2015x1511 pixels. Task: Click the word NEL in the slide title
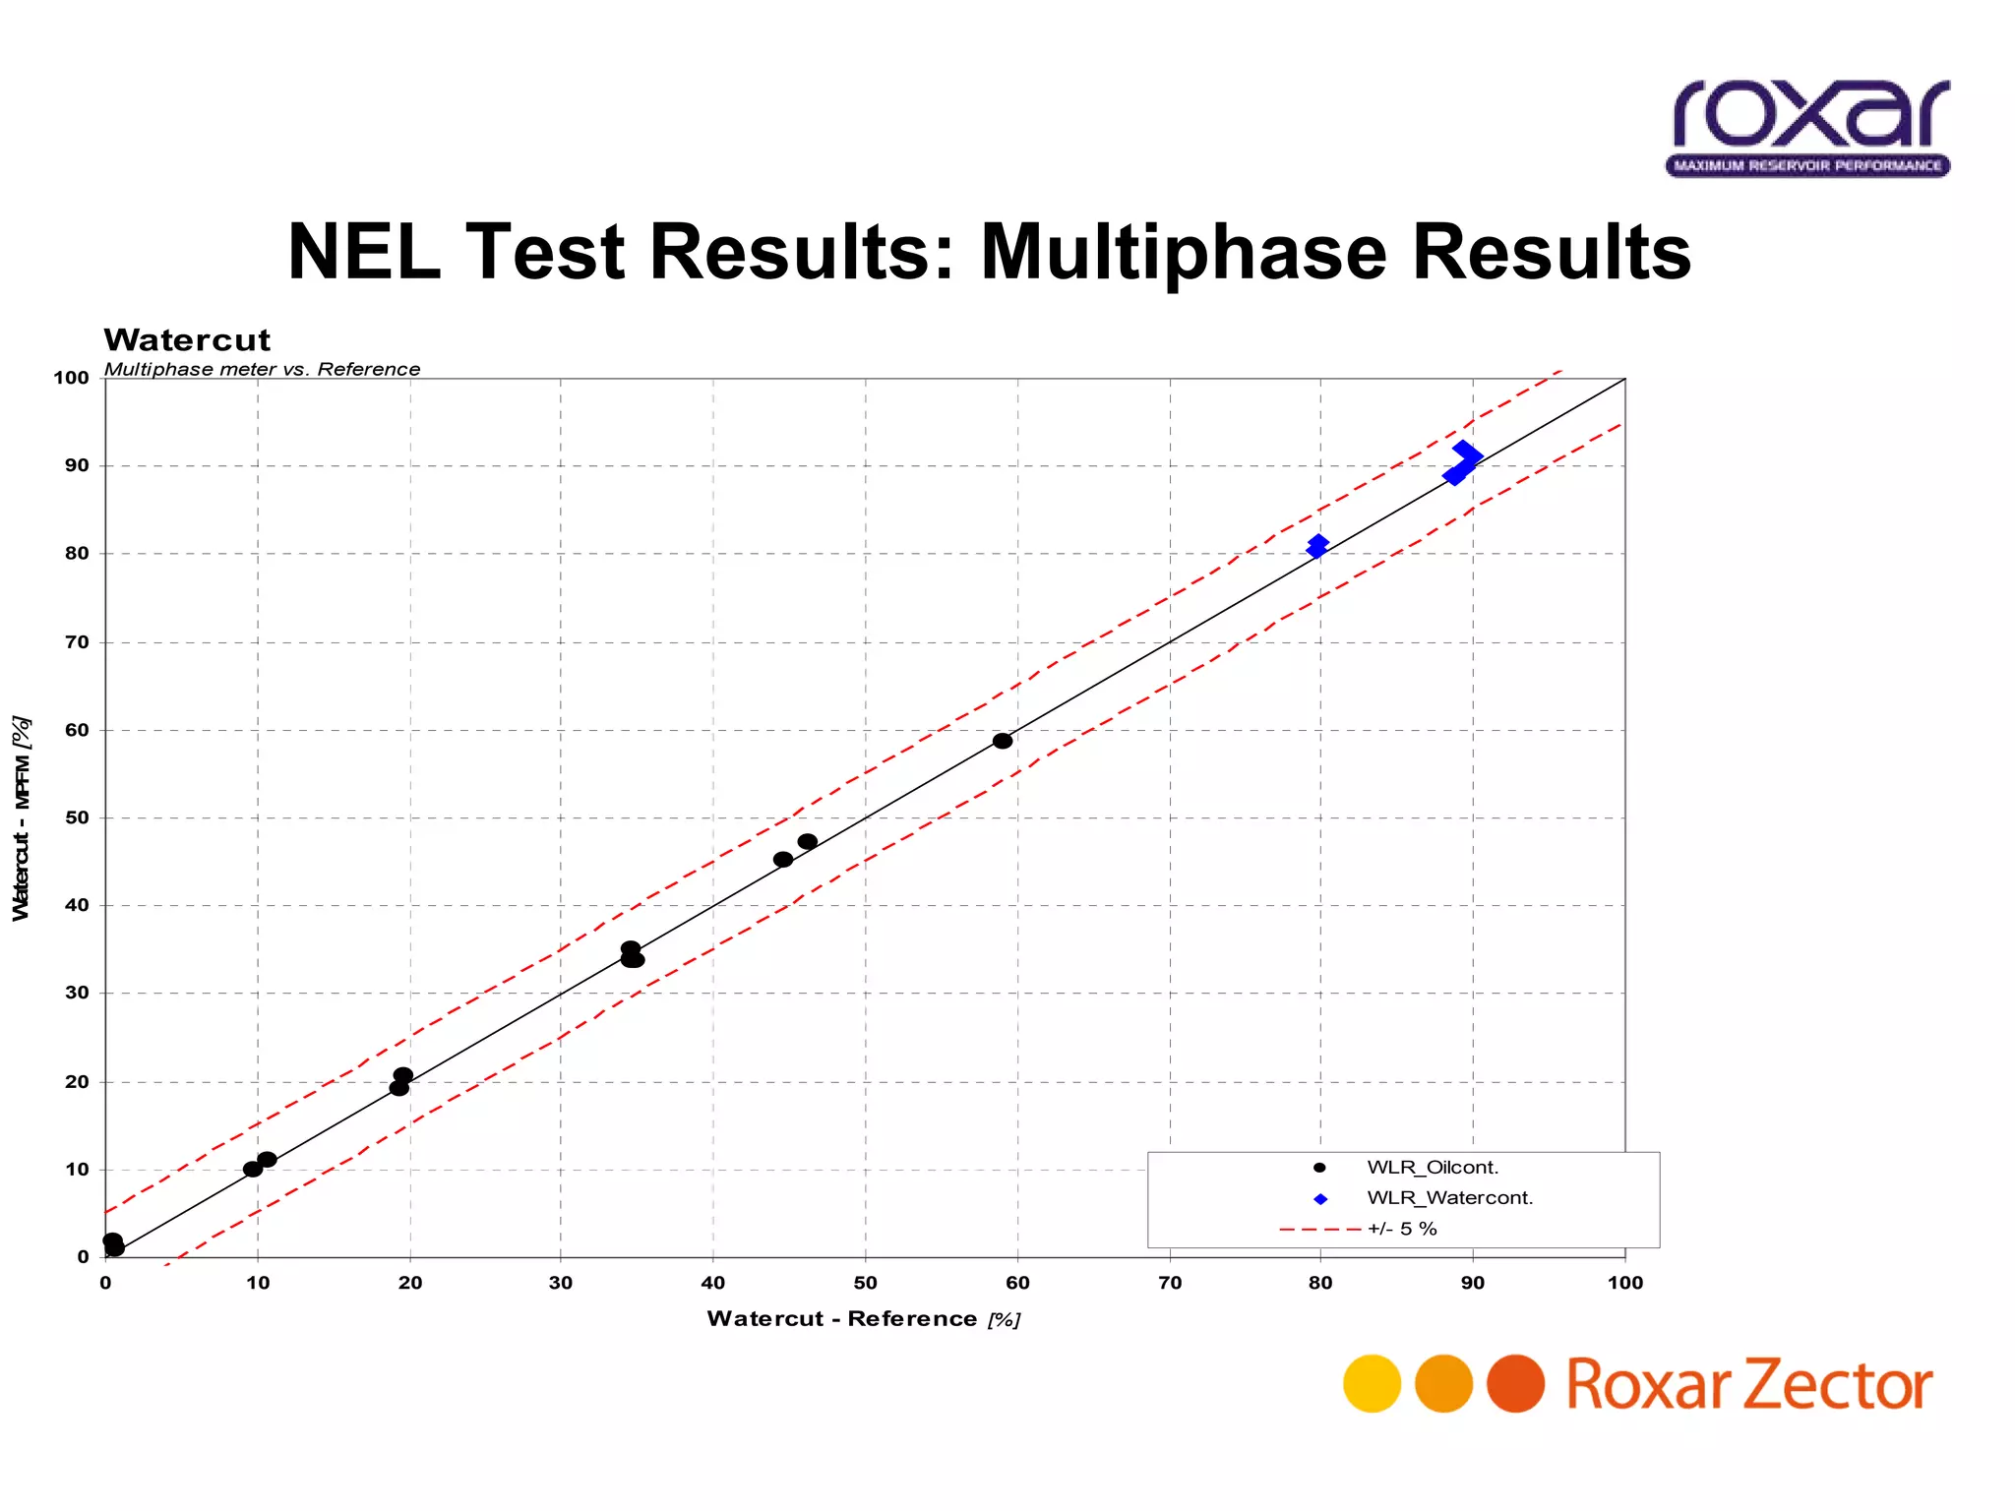pyautogui.click(x=365, y=252)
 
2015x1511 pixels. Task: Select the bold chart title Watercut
pyautogui.click(x=187, y=340)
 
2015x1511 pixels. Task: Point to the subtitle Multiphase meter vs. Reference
pyautogui.click(x=262, y=369)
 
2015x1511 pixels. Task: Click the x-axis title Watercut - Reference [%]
pyautogui.click(x=863, y=1319)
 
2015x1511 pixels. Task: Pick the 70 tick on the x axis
pyautogui.click(x=1170, y=1283)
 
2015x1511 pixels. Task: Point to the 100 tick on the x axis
pyautogui.click(x=1624, y=1283)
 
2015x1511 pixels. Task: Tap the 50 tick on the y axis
pyautogui.click(x=77, y=817)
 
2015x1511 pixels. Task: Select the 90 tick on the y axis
pyautogui.click(x=77, y=465)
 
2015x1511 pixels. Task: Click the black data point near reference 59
pyautogui.click(x=1003, y=741)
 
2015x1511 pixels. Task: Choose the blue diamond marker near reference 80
pyautogui.click(x=1317, y=546)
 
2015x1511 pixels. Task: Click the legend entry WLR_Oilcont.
pyautogui.click(x=1433, y=1168)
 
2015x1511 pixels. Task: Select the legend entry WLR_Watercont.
pyautogui.click(x=1449, y=1198)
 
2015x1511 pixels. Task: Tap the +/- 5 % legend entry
pyautogui.click(x=1402, y=1229)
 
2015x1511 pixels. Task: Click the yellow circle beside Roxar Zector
pyautogui.click(x=1372, y=1383)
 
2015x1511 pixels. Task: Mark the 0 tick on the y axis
pyautogui.click(x=84, y=1257)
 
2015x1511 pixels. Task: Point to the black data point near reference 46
pyautogui.click(x=808, y=842)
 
